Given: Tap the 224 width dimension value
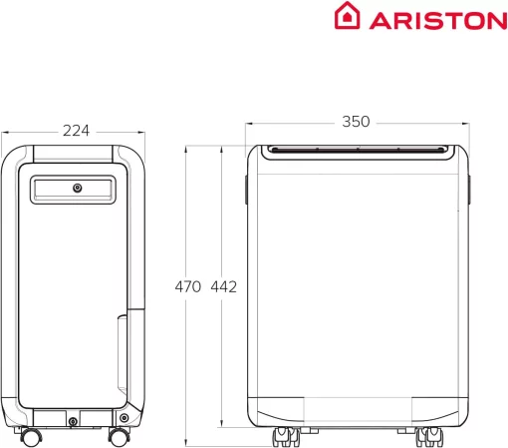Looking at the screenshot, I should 75,130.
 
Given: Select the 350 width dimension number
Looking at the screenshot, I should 356,122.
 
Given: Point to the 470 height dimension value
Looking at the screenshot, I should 188,287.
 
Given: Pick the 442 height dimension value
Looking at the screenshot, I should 224,287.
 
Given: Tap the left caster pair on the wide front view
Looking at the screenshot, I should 283,436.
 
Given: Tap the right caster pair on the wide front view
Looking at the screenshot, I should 432,436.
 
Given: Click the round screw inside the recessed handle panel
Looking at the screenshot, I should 77,188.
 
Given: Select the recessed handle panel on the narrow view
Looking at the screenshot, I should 75,190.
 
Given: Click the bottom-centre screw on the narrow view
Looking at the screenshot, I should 73,422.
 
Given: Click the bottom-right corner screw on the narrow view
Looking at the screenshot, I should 124,416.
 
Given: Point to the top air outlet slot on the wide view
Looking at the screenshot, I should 356,151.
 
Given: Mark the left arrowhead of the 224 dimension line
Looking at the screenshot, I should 4,130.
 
